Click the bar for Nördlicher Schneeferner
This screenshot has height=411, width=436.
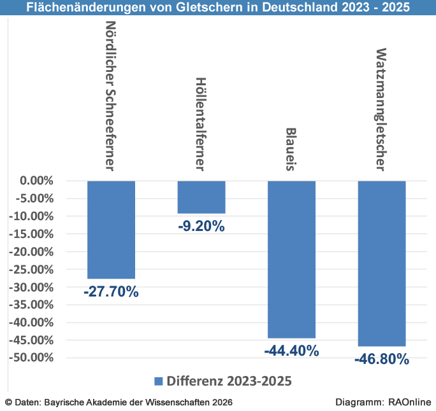coord(111,230)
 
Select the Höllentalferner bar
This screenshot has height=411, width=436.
coord(201,197)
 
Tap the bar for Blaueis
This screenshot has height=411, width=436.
coord(291,259)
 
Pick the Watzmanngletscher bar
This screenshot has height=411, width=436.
coord(382,263)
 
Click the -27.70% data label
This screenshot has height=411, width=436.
coord(111,292)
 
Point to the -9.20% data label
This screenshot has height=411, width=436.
coord(201,226)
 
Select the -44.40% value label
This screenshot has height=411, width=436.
coord(291,351)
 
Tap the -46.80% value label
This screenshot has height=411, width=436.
coord(382,359)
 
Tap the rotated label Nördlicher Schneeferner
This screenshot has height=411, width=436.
coord(110,96)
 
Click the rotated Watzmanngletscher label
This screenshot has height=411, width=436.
coord(381,109)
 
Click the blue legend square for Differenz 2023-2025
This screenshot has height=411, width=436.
coord(159,380)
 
